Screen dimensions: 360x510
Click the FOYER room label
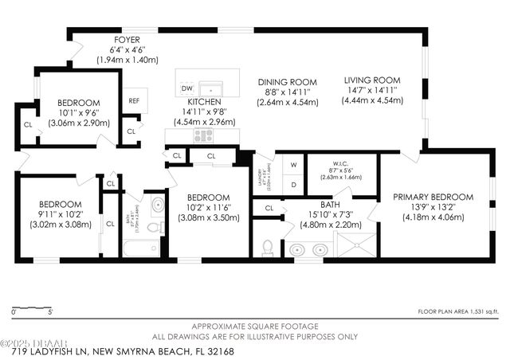tap(127, 38)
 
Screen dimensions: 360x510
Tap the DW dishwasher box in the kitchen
tap(187, 88)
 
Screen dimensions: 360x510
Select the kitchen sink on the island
tap(210, 88)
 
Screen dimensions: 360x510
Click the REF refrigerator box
tap(134, 101)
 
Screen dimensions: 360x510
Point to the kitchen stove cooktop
tap(201, 135)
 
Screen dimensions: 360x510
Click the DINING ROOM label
tap(287, 82)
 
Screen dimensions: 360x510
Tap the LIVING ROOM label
tap(371, 80)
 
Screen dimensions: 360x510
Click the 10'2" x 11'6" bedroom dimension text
tap(208, 207)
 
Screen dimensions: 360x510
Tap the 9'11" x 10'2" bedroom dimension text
tap(61, 214)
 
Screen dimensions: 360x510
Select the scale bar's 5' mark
tap(49, 312)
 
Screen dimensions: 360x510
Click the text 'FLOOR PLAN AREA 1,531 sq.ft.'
tap(458, 311)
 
